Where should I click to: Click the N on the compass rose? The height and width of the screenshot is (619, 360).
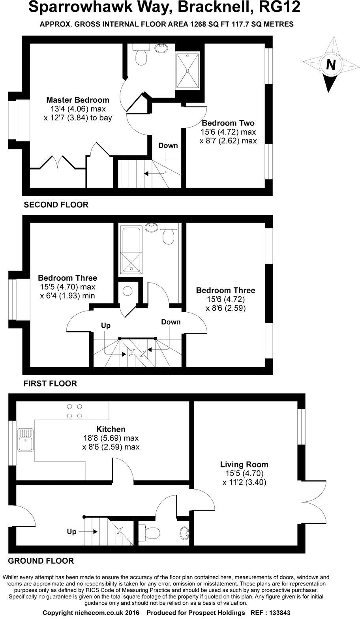331,64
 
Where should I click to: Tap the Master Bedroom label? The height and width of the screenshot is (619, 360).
77,99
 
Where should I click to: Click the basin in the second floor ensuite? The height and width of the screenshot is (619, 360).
162,49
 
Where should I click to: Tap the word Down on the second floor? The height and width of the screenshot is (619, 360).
168,145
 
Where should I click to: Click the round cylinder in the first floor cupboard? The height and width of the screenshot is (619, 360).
127,291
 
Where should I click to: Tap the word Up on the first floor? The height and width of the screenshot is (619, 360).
105,326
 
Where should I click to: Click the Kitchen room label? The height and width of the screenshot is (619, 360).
111,429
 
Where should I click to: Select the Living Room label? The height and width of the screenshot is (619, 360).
244,464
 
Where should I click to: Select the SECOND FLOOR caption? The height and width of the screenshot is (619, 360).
56,204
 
